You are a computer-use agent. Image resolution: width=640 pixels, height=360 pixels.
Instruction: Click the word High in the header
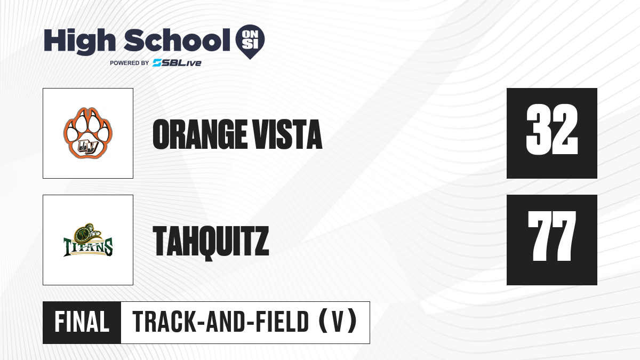tap(80, 41)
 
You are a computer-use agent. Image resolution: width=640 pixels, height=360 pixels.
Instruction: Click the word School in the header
tap(177, 40)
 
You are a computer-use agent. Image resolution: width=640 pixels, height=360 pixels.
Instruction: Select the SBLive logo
tap(177, 63)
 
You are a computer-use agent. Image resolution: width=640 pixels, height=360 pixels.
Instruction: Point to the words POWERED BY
tap(130, 63)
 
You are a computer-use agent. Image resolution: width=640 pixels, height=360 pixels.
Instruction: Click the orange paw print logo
tap(87, 133)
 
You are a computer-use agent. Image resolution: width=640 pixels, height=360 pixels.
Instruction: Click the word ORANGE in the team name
tap(199, 134)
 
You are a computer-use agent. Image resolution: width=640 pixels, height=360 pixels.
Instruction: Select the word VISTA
tap(287, 134)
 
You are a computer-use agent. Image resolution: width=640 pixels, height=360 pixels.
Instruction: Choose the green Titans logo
tap(87, 240)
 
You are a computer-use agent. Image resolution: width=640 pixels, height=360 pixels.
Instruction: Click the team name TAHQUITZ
tap(211, 242)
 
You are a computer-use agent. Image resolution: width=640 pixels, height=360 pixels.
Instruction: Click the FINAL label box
tap(82, 323)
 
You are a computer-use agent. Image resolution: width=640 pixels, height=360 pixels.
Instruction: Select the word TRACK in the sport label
tap(165, 322)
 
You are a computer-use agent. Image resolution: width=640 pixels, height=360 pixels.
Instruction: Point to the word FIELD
tap(282, 322)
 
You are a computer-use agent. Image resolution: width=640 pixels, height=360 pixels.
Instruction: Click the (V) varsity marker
tap(338, 322)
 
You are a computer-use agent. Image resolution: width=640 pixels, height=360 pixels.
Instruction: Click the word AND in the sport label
tap(226, 322)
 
